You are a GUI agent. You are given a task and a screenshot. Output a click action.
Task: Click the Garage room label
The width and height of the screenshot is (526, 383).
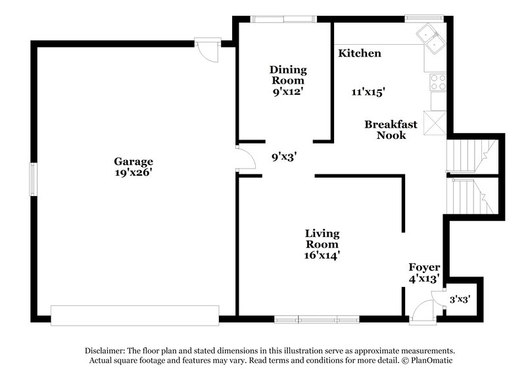coord(133,161)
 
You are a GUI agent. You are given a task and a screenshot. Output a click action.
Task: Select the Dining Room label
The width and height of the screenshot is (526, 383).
coord(288,75)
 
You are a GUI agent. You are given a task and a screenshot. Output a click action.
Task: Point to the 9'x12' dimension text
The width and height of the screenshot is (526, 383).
coord(288,92)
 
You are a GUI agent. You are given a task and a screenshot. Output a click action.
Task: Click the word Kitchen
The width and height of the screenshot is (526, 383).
coord(360,53)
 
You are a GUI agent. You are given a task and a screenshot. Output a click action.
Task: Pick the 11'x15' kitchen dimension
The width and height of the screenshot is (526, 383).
coord(368,93)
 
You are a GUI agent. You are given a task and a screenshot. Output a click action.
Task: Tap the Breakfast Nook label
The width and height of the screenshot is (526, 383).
coord(391,130)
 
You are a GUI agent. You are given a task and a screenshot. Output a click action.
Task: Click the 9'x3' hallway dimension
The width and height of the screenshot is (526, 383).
coord(285,157)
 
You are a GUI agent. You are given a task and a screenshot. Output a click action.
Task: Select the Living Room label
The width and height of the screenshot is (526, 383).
coord(322,239)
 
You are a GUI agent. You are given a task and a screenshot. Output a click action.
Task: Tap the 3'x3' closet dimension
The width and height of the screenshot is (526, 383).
coord(460,299)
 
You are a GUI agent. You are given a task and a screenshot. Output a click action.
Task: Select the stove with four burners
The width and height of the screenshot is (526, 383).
coord(437,82)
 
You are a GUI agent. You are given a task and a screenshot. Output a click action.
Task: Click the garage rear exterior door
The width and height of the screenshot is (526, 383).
coord(206,50)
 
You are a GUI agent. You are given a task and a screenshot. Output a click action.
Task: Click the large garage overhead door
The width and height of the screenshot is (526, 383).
coord(135,315)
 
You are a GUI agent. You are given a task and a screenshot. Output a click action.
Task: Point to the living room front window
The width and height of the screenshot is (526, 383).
coord(318,319)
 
